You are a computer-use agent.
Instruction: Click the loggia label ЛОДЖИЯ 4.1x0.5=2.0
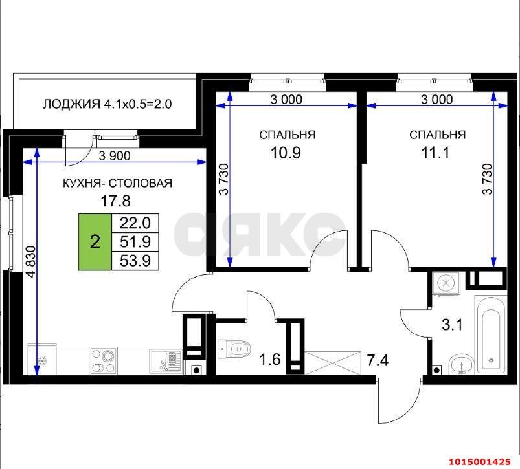[107, 104]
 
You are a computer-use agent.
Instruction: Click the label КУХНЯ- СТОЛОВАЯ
[117, 183]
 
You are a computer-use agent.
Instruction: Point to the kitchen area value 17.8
[117, 201]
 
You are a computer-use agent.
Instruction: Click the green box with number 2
[95, 242]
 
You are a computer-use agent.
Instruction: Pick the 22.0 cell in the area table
[135, 223]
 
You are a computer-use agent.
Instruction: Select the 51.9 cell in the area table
[135, 242]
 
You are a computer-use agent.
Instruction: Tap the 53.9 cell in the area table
[135, 261]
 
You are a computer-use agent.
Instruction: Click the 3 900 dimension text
[115, 155]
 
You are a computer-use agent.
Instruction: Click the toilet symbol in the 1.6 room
[233, 349]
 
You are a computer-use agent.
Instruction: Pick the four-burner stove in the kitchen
[103, 361]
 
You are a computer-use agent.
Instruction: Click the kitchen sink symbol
[164, 360]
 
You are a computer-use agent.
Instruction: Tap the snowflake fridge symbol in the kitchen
[43, 361]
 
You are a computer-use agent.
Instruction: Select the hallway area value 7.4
[377, 358]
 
